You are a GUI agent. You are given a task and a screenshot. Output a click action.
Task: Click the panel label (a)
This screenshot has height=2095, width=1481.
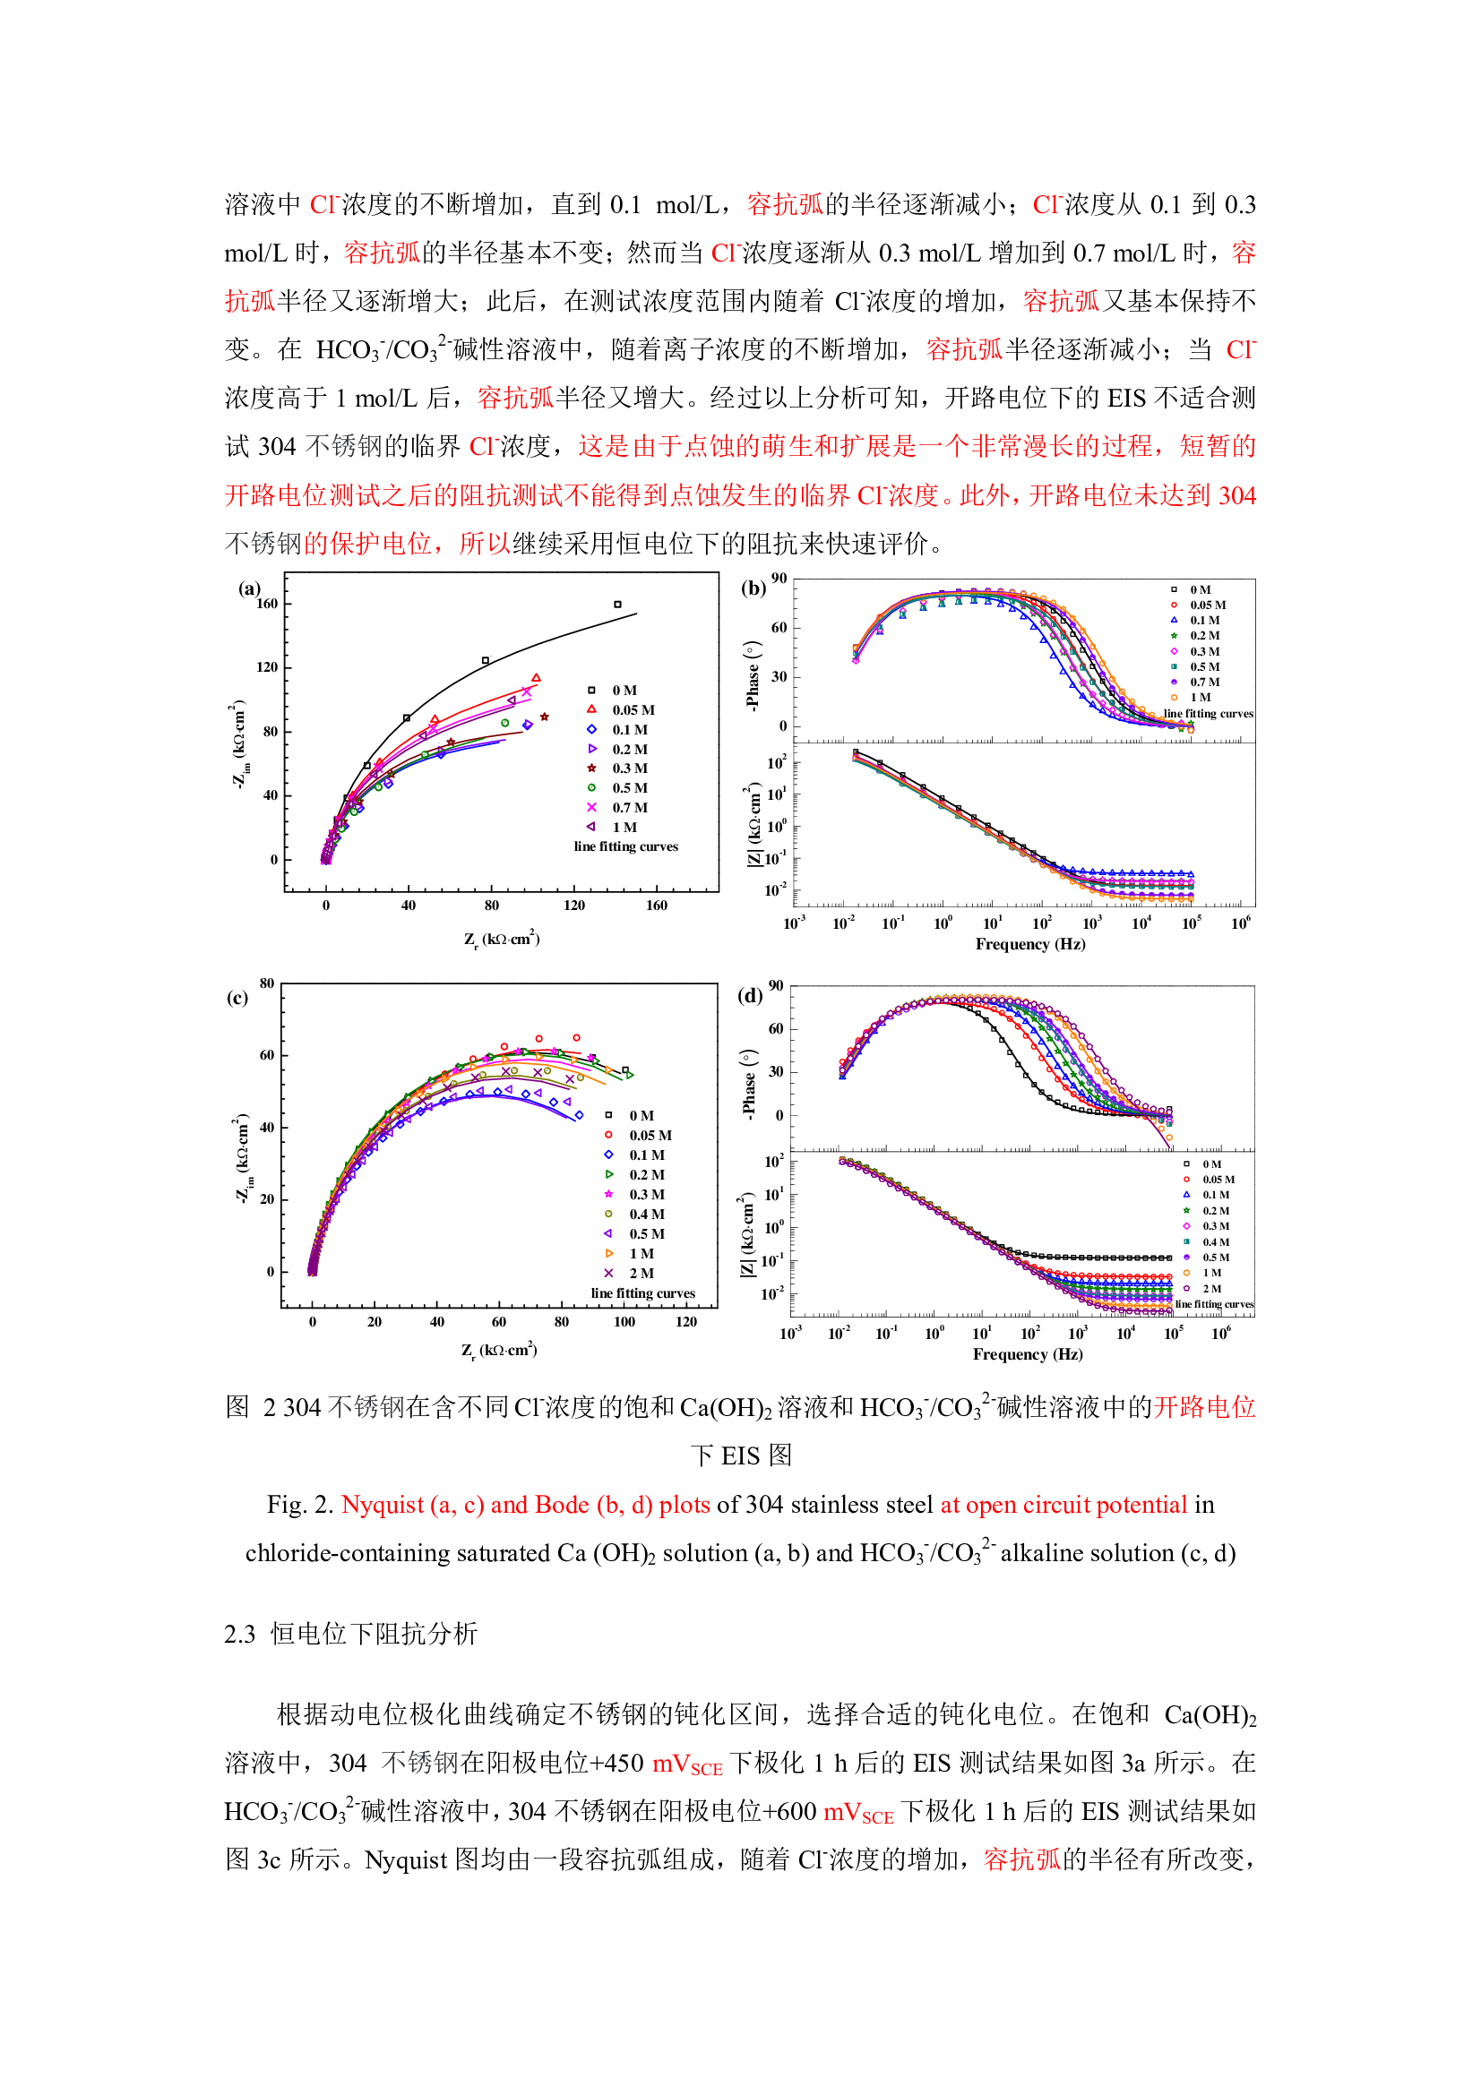tap(249, 588)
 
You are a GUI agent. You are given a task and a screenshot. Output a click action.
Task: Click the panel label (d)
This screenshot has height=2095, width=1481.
tap(750, 995)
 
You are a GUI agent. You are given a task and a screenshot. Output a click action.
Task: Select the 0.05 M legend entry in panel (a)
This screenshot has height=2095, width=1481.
tap(633, 710)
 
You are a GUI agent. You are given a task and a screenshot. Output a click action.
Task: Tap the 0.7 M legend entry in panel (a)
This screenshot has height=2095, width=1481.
tap(629, 808)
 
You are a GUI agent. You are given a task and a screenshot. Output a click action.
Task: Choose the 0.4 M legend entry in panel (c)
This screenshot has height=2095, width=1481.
tap(646, 1214)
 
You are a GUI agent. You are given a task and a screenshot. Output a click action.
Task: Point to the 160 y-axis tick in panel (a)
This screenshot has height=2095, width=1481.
tap(266, 603)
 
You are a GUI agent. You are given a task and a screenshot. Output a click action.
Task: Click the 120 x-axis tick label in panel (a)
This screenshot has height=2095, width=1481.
tap(574, 906)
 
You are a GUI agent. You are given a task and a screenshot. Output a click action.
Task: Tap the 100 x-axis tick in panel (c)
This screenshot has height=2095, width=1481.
tap(624, 1321)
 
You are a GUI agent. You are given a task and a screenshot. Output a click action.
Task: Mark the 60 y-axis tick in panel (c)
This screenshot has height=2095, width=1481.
tap(266, 1055)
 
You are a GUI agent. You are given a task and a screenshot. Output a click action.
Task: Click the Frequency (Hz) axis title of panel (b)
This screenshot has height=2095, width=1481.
tap(1030, 943)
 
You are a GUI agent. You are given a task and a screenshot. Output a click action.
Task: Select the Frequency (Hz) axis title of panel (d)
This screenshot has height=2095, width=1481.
tap(1028, 1354)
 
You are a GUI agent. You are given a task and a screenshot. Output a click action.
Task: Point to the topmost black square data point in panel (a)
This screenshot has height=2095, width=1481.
tap(618, 604)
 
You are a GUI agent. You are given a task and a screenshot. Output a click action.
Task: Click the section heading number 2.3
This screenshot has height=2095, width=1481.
tap(240, 1634)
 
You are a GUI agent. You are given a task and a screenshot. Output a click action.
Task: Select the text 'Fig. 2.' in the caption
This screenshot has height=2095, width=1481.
tap(300, 1504)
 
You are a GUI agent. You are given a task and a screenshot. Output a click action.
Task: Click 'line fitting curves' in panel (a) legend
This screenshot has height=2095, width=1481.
tap(626, 846)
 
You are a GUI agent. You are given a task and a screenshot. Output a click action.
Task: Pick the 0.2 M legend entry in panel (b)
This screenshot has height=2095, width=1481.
tap(1203, 636)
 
